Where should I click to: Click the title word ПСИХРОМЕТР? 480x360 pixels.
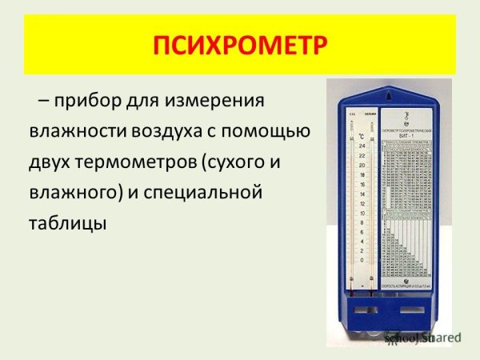pos(240,46)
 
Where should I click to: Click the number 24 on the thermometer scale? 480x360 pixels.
pos(362,146)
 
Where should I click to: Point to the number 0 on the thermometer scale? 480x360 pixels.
pos(363,261)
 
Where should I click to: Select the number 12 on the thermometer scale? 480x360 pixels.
pos(362,203)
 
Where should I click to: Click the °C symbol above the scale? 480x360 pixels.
pos(362,134)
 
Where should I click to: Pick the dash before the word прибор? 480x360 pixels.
pos(45,102)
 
